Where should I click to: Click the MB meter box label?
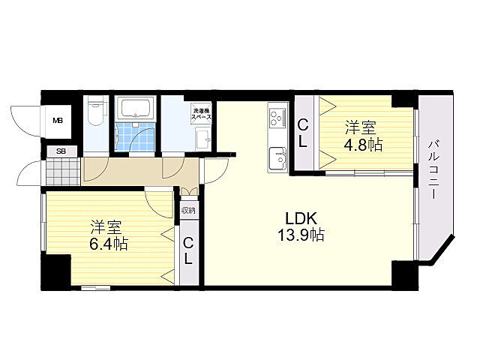tap(58, 121)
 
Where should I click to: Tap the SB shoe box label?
tap(61, 151)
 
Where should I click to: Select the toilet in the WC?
tap(96, 111)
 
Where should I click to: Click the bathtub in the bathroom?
tap(136, 108)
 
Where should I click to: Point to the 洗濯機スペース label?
tap(201, 113)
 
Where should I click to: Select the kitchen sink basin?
tap(277, 158)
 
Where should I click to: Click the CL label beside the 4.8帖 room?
tap(303, 133)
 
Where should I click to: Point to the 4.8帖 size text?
tap(363, 145)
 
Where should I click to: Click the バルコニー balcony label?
tap(433, 170)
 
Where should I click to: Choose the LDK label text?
tap(301, 218)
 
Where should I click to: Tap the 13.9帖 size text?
tap(301, 235)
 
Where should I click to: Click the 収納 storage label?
tap(188, 210)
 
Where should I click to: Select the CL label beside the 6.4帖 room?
tap(188, 251)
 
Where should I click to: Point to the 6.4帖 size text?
tap(108, 244)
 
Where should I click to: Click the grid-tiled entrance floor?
tap(62, 172)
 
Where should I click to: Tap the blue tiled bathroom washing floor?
tap(136, 136)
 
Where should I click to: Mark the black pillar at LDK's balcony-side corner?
tap(405, 275)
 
